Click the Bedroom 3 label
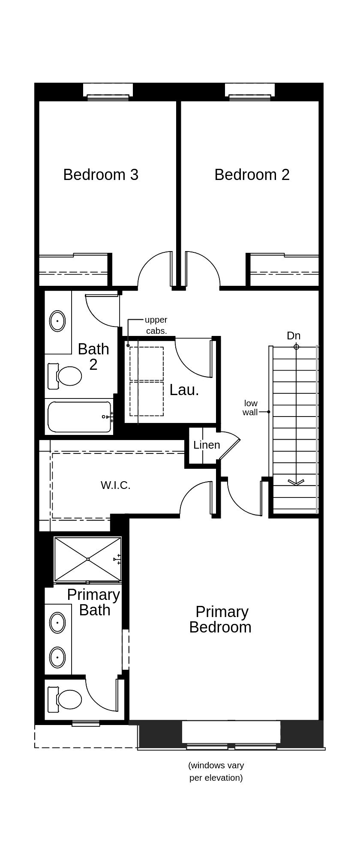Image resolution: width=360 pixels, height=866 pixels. pyautogui.click(x=101, y=175)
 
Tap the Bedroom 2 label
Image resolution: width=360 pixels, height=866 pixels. pyautogui.click(x=252, y=175)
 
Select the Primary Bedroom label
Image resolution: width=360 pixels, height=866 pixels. pyautogui.click(x=220, y=620)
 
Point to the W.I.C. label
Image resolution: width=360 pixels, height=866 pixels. pyautogui.click(x=115, y=485)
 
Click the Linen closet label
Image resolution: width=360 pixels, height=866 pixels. pyautogui.click(x=207, y=445)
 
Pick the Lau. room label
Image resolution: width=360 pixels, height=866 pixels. pyautogui.click(x=184, y=390)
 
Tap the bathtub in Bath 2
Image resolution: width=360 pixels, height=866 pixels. pyautogui.click(x=79, y=417)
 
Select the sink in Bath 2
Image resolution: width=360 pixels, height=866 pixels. pyautogui.click(x=57, y=321)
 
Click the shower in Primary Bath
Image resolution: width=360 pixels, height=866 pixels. pyautogui.click(x=88, y=559)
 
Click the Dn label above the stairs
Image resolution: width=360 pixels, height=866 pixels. pyautogui.click(x=294, y=336)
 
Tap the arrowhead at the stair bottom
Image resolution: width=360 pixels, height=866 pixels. pyautogui.click(x=296, y=482)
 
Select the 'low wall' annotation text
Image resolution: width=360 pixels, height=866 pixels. pyautogui.click(x=250, y=408)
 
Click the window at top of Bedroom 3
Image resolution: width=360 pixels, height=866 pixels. pyautogui.click(x=108, y=97)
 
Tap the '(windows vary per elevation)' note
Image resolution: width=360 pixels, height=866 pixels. pyautogui.click(x=216, y=771)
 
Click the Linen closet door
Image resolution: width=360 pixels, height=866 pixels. pyautogui.click(x=229, y=449)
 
